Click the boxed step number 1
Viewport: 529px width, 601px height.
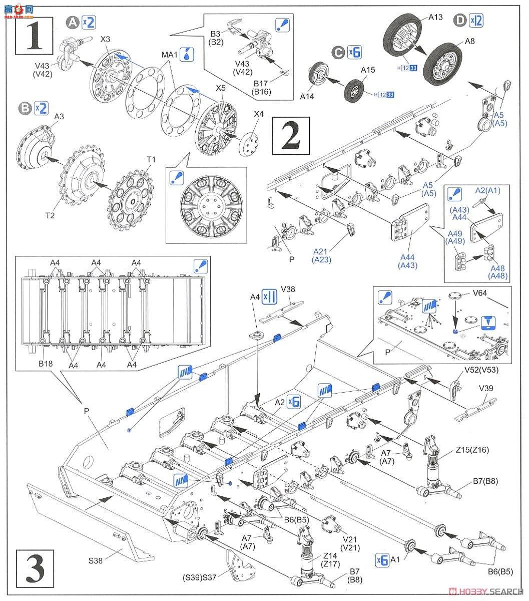coord(34,34)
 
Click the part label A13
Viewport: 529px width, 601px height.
coord(435,17)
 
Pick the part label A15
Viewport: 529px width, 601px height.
coord(368,71)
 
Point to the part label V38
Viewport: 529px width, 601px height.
coord(287,289)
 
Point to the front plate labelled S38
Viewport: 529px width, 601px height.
coord(85,521)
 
